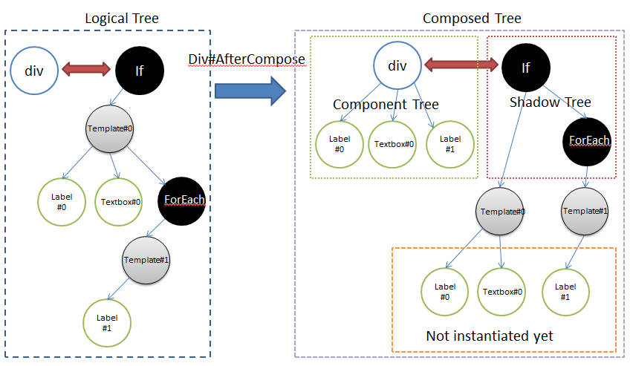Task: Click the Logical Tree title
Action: (122, 18)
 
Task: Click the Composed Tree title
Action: (472, 18)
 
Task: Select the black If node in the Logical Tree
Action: (139, 71)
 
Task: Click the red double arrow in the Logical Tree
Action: (87, 70)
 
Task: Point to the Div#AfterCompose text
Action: (248, 59)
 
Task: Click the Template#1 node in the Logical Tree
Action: (146, 259)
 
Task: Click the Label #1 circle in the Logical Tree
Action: (106, 322)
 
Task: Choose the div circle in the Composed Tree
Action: (397, 65)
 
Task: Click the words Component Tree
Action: (386, 105)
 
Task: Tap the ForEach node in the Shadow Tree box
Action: (589, 140)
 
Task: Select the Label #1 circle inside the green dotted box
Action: (450, 144)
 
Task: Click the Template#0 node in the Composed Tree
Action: (503, 212)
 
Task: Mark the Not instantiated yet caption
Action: (490, 336)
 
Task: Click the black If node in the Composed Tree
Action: (526, 68)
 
